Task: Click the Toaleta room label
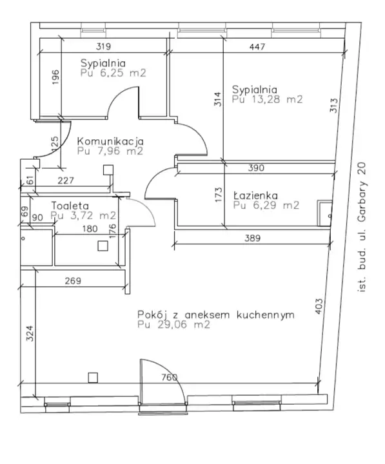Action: (x=70, y=206)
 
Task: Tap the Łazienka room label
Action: (x=255, y=195)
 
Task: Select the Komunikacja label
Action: (x=110, y=141)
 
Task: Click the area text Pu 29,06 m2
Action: (x=173, y=324)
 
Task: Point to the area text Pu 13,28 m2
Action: (x=267, y=99)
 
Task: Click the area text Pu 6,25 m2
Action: (x=113, y=73)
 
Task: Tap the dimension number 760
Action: (x=170, y=377)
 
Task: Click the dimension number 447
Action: (x=257, y=46)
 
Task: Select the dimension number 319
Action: (x=103, y=46)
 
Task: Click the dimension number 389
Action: (x=252, y=238)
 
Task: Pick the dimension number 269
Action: (x=73, y=280)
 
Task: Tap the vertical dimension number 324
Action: (x=30, y=334)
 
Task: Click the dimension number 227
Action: (x=66, y=180)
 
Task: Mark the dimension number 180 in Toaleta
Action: (x=90, y=228)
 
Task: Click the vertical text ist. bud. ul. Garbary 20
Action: (x=362, y=227)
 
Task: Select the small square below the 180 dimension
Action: (x=103, y=246)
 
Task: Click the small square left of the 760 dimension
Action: (x=93, y=378)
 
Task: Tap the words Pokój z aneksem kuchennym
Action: (x=216, y=314)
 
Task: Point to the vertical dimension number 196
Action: (x=55, y=77)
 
